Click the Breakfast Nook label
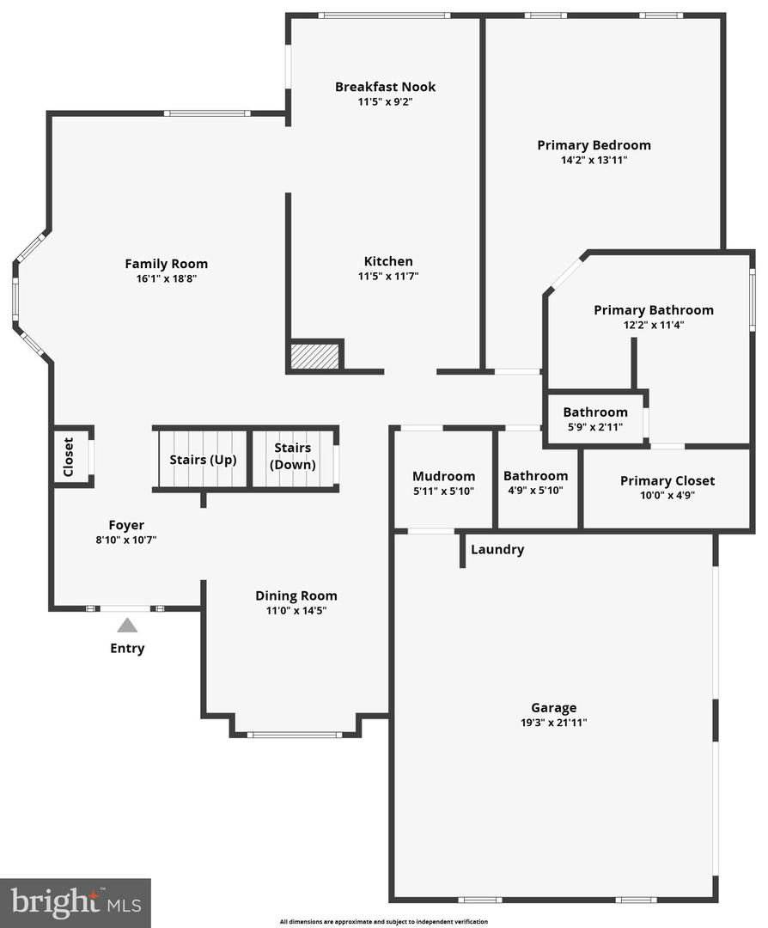click(x=385, y=87)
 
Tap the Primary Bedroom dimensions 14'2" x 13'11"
click(x=594, y=160)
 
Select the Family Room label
click(x=166, y=264)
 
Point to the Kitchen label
click(x=388, y=261)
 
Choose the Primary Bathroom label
click(x=653, y=310)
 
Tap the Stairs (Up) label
click(x=203, y=459)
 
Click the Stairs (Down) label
click(x=294, y=456)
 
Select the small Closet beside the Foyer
click(x=69, y=456)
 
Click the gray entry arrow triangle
click(x=127, y=625)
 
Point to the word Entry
click(x=127, y=649)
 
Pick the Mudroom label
click(x=443, y=476)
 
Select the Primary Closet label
click(x=667, y=480)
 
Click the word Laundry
click(x=497, y=550)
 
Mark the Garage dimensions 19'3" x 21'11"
click(x=553, y=723)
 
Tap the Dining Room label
click(x=296, y=595)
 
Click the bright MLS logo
click(x=75, y=902)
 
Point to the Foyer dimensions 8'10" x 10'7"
click(x=125, y=540)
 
